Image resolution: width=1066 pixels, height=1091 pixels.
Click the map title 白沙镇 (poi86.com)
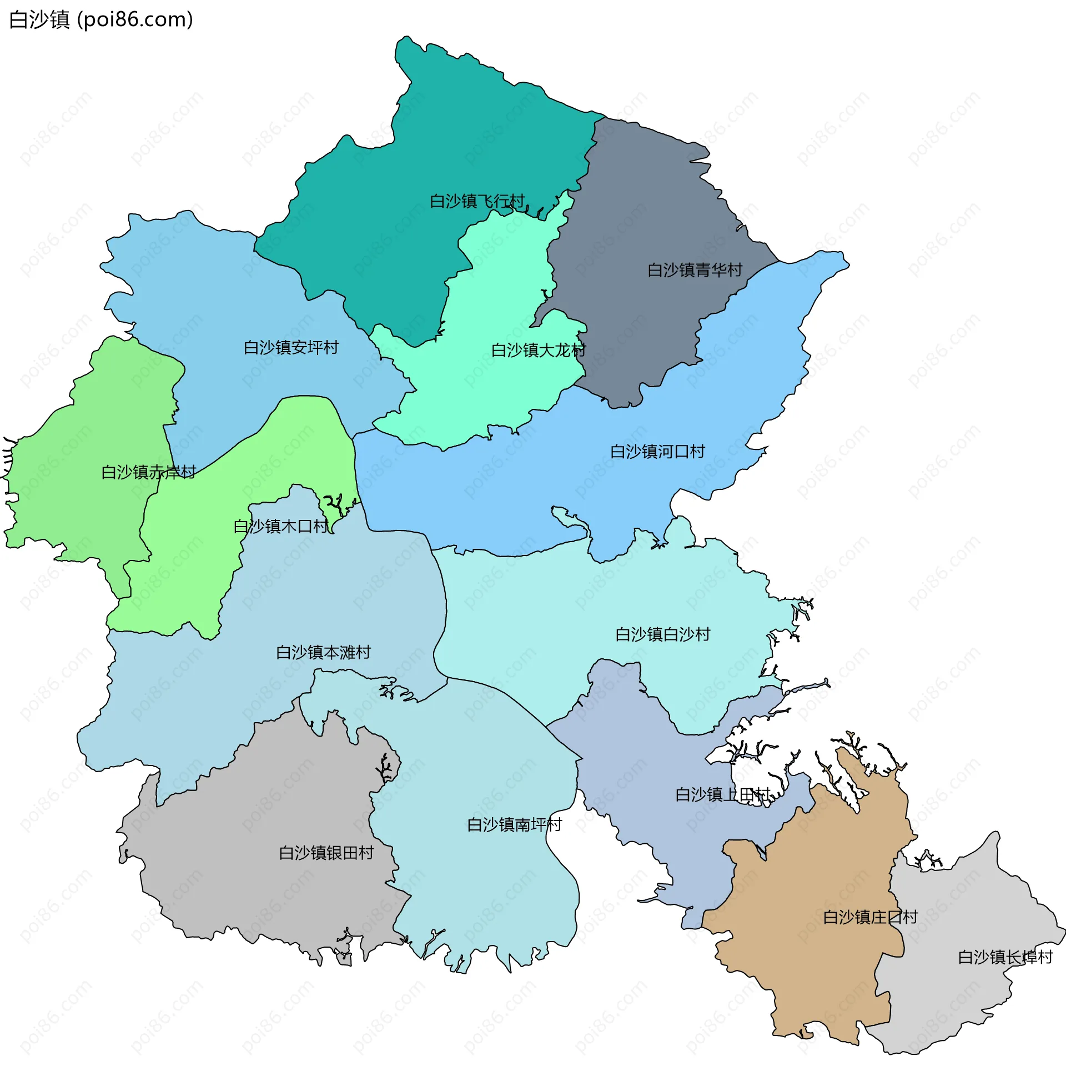102,19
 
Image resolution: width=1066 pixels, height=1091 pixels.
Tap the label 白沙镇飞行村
477,201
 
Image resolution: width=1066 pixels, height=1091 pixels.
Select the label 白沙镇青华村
695,270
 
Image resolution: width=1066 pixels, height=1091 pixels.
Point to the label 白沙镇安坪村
291,348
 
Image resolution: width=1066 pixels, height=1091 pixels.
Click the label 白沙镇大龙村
539,351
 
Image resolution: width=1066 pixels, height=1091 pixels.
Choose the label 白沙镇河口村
657,452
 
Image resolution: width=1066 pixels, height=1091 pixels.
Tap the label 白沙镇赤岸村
148,472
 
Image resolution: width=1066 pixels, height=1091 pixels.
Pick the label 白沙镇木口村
280,527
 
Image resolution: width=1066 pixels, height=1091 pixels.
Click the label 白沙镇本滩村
324,653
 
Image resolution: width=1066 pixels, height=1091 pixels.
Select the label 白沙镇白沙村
663,634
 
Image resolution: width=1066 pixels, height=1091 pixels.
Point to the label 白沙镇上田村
723,795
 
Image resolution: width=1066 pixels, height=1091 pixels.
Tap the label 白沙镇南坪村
515,825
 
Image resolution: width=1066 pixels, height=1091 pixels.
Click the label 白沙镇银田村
326,853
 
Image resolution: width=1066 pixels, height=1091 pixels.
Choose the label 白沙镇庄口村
871,917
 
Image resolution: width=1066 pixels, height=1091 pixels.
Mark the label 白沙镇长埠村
1005,957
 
